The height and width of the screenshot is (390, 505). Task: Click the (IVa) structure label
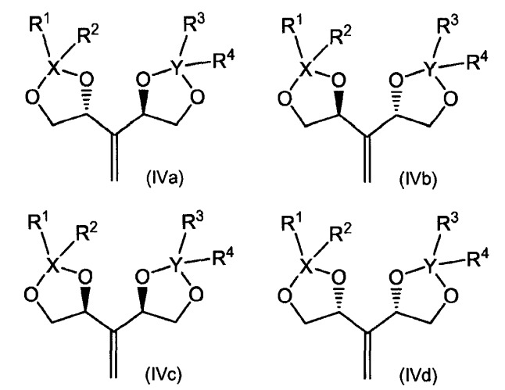165,177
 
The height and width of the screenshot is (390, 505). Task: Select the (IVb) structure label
417,179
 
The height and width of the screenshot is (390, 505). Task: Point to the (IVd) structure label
417,375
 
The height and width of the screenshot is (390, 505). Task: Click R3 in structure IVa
194,24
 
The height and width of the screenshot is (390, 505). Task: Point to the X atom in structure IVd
307,265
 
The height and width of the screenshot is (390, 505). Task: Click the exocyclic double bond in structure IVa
113,157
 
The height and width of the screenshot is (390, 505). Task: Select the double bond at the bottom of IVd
367,354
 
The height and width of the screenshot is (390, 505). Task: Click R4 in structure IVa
224,59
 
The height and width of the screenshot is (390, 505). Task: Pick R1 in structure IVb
292,24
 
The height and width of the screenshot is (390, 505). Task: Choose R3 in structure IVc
192,221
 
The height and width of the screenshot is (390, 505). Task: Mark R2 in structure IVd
341,231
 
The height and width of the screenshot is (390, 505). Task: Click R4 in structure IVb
478,62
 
